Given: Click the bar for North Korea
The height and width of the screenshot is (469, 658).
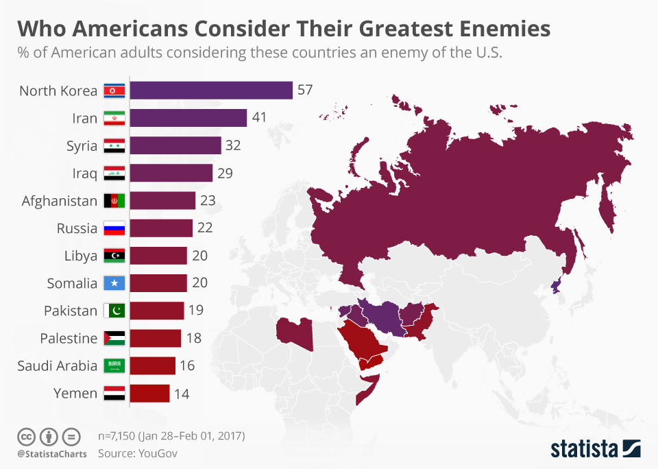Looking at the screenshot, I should click(211, 91).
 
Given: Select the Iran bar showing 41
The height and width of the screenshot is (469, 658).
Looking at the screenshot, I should click(188, 118).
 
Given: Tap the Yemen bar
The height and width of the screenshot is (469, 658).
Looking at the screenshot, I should click(149, 394).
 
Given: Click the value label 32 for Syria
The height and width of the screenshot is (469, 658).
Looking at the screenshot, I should click(234, 145).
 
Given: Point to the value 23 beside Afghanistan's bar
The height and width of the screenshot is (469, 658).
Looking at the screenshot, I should click(208, 201).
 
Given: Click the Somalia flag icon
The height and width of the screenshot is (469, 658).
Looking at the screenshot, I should click(114, 283).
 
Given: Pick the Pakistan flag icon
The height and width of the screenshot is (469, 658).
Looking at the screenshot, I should click(114, 311).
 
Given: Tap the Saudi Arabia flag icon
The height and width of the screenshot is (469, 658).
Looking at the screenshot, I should click(114, 366).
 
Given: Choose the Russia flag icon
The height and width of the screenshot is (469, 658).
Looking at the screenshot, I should click(114, 228).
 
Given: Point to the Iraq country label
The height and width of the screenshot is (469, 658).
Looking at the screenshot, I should click(84, 173).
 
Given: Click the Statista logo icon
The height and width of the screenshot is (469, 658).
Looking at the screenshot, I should click(631, 448).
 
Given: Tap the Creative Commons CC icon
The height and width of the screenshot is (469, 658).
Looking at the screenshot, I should click(26, 436).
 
